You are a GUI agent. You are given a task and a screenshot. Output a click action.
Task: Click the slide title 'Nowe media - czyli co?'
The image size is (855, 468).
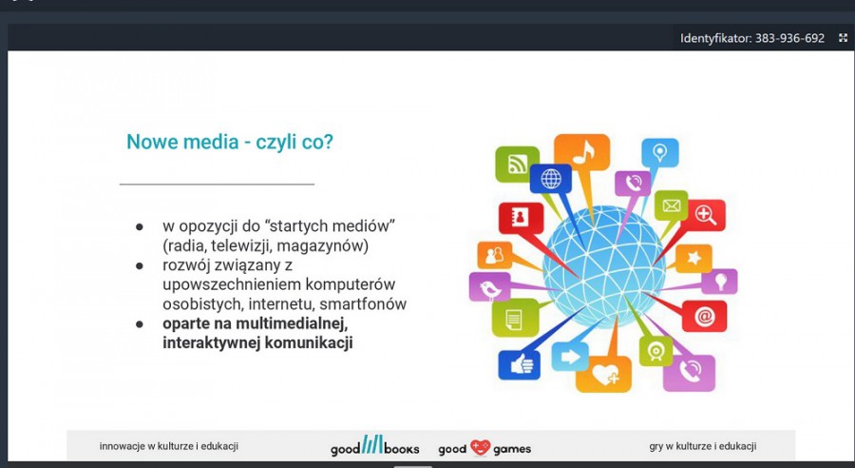coord(230,142)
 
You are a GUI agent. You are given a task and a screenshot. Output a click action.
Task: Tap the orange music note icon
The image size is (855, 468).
coord(581,152)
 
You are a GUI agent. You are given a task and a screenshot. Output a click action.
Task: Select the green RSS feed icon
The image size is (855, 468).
coord(517,164)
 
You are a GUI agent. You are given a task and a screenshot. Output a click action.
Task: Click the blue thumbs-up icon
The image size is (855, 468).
coord(519,364)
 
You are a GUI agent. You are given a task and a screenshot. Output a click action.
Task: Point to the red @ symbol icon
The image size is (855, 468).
coord(704,316)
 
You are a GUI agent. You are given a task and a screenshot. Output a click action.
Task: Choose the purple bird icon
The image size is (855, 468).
coord(489,287)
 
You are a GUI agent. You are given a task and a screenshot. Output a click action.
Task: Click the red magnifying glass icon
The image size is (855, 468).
coord(706,215)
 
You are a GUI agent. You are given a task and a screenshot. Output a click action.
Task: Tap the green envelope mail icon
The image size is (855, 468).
coord(672,205)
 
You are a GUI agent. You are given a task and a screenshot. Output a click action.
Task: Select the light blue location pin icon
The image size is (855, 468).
coord(660,153)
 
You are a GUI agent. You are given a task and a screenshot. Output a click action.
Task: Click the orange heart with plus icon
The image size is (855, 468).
coord(603,374)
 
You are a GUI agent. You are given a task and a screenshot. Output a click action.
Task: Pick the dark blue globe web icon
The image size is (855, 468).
coord(551,179)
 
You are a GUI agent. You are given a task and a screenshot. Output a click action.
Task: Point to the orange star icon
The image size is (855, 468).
coord(693,259)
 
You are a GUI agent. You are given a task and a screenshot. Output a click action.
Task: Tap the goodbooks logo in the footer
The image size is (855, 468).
coord(374,445)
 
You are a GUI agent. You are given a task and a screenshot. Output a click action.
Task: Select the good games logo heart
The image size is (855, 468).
coord(481,448)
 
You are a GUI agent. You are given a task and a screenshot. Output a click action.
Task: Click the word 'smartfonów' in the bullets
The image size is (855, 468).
coord(363,303)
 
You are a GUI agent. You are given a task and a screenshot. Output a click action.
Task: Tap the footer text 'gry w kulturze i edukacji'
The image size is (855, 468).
coord(702,446)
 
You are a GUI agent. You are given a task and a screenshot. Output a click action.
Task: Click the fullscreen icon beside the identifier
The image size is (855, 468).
coord(843,38)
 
